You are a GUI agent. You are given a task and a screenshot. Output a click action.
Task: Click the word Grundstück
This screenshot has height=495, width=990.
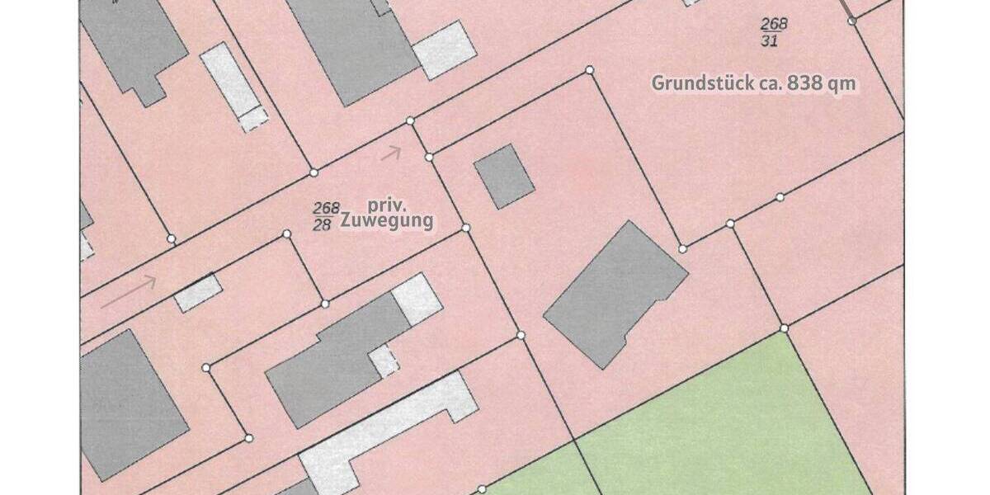click(690, 83)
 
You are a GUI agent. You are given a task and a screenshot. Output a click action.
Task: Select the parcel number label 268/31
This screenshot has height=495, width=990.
click(773, 32)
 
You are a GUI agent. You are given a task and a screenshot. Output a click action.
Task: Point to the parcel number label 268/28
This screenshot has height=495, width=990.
click(326, 216)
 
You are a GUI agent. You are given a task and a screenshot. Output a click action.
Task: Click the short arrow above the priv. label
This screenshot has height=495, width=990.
click(391, 152)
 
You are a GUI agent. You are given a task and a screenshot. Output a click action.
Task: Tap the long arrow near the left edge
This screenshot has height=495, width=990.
click(129, 293)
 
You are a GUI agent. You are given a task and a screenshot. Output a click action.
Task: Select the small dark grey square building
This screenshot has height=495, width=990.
click(504, 176)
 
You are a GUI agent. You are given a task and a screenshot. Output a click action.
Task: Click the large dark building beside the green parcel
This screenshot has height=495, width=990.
click(615, 293)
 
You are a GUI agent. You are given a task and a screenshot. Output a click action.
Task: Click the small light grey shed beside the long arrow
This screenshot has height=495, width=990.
click(198, 293)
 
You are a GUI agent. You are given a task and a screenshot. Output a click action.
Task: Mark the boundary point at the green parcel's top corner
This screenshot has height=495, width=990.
click(784, 328)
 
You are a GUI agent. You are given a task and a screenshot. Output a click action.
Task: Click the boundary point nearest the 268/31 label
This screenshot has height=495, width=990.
click(852, 21)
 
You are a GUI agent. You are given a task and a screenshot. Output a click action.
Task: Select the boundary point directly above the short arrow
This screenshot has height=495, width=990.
click(410, 121)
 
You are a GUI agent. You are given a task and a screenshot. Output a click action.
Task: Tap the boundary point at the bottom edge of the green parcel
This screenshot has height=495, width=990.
click(482, 488)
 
